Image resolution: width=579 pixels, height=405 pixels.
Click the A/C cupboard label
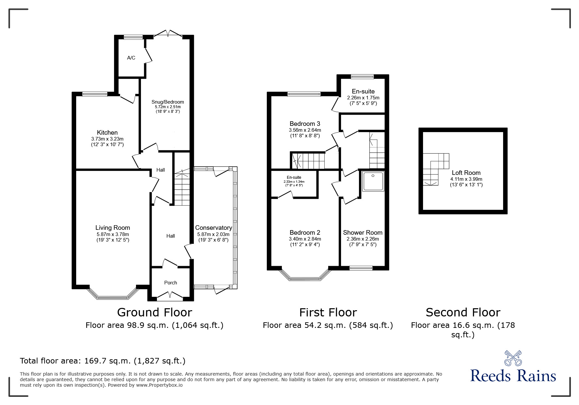click(131, 58)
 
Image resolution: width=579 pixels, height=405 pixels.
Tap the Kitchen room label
click(107, 132)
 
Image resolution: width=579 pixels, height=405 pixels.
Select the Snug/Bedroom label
click(168, 102)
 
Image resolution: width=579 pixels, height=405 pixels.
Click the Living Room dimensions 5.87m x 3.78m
click(112, 234)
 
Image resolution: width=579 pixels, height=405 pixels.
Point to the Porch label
click(170, 283)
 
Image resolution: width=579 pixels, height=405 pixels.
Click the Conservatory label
click(213, 228)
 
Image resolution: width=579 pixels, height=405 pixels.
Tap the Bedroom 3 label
click(305, 124)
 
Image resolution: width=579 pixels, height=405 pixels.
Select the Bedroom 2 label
click(305, 232)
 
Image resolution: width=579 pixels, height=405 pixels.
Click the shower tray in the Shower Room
click(373, 181)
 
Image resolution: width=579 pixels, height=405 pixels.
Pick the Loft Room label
click(466, 173)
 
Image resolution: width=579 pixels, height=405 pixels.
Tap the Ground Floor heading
click(154, 312)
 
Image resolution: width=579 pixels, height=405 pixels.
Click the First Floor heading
click(328, 312)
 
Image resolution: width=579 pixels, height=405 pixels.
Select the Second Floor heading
click(463, 312)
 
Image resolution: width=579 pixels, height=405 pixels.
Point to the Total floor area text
click(103, 361)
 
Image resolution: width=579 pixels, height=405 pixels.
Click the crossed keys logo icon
click(513, 358)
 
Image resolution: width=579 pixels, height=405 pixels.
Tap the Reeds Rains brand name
click(513, 376)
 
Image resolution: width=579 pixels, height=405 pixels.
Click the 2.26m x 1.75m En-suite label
click(363, 91)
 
